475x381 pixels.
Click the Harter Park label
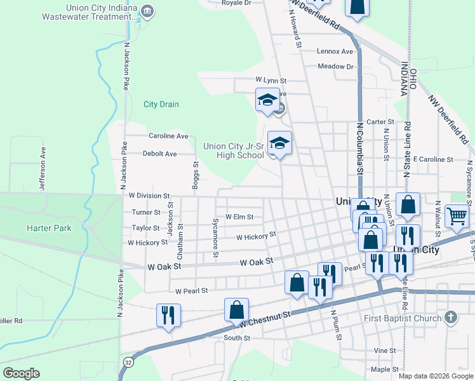pyautogui.click(x=48, y=228)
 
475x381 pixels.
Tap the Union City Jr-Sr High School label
pyautogui.click(x=233, y=150)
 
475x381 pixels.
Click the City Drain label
pyautogui.click(x=161, y=104)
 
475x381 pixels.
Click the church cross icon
pyautogui.click(x=450, y=317)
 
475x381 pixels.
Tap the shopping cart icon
pyautogui.click(x=457, y=216)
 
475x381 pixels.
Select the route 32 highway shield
pyautogui.click(x=128, y=363)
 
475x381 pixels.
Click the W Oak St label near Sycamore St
pyautogui.click(x=256, y=262)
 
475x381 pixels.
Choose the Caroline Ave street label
pyautogui.click(x=168, y=136)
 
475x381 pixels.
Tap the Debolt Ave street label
pyautogui.click(x=159, y=154)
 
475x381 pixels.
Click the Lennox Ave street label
pyautogui.click(x=335, y=51)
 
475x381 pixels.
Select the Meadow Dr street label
pyautogui.click(x=335, y=66)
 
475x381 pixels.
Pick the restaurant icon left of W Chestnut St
pyautogui.click(x=168, y=315)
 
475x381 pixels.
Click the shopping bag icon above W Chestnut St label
pyautogui.click(x=236, y=310)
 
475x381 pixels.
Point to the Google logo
pyautogui.click(x=22, y=373)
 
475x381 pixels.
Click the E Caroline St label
pyautogui.click(x=432, y=159)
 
